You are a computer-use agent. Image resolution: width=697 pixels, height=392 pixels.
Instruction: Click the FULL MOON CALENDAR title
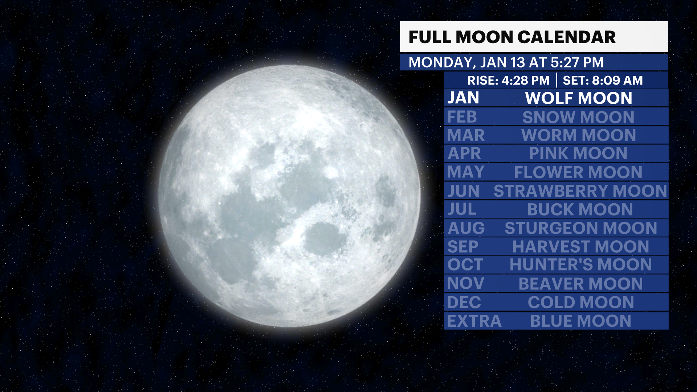pos(512,37)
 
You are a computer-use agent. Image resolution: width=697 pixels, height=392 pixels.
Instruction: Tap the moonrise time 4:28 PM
pos(525,80)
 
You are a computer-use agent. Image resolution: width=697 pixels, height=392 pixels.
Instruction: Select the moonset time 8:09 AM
pos(617,80)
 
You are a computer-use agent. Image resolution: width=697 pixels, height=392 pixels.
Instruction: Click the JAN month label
pos(463,98)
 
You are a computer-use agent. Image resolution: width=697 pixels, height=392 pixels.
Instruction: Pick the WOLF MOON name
pos(579,98)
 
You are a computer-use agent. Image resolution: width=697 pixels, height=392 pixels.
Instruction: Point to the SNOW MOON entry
pos(578,117)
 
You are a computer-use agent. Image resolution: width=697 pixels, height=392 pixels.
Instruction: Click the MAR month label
pos(466,135)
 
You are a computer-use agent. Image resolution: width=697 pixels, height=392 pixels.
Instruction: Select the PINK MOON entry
pos(578,153)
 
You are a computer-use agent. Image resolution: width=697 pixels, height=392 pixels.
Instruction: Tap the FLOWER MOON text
pos(578,172)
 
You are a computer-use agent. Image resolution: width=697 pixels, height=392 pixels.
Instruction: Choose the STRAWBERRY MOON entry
pos(580,191)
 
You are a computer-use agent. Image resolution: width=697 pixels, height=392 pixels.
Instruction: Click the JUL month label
pos(461,209)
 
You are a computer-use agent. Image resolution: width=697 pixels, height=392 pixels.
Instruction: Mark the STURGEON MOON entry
pos(581,228)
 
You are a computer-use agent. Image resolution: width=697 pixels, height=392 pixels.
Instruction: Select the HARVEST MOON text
pos(580,247)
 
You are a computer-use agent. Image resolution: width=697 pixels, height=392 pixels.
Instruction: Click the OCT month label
pos(465,265)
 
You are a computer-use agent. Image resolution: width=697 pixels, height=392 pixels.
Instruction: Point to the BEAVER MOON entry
pos(580,283)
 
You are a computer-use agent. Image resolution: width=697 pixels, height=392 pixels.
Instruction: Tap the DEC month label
pos(464,302)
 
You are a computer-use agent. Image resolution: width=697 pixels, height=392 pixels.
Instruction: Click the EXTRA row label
pos(474,321)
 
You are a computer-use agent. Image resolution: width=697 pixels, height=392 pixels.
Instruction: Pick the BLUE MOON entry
pos(580,321)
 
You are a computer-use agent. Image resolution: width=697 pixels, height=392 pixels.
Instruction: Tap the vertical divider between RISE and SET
pos(557,80)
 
